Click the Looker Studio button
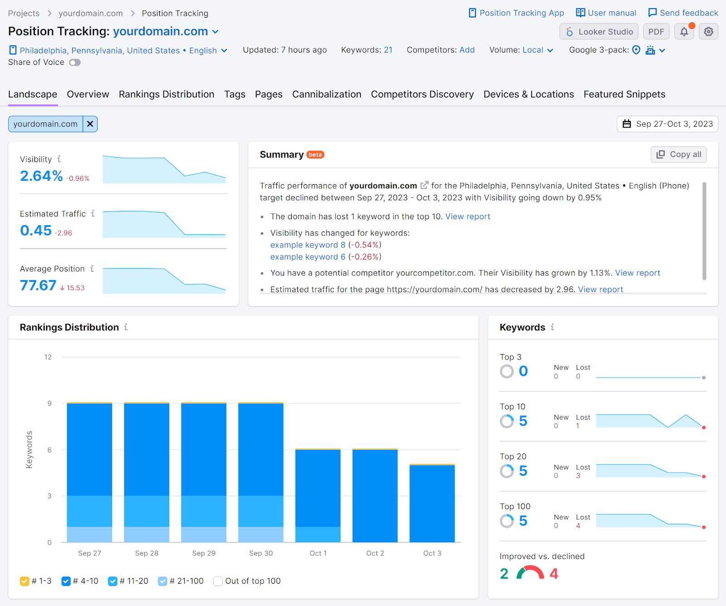[599, 32]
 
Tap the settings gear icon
[708, 32]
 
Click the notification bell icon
[684, 32]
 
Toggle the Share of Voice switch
[75, 63]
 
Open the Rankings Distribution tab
[167, 94]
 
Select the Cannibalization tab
[327, 94]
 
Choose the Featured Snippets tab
[624, 94]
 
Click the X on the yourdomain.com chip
[90, 124]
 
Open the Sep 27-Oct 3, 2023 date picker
[667, 124]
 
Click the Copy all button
[679, 154]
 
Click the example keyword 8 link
[308, 245]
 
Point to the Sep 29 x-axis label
[204, 553]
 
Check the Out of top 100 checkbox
[218, 581]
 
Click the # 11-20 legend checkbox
[113, 581]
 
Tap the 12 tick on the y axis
[48, 357]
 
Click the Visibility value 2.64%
[41, 176]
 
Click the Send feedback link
[683, 13]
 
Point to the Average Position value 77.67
[38, 286]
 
